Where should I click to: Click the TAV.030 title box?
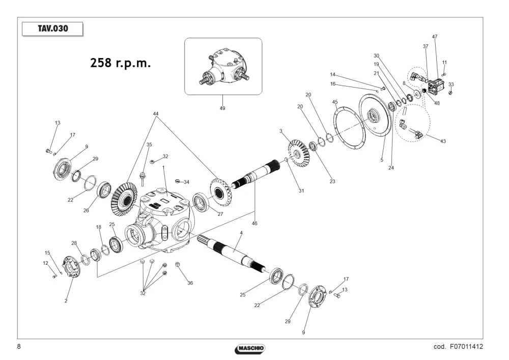[52, 29]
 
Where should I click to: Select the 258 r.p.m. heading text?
[121, 63]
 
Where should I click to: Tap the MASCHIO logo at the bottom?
[250, 349]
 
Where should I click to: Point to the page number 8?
[19, 346]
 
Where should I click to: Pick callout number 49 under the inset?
[222, 108]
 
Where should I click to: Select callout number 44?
[156, 114]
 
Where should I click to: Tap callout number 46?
[254, 224]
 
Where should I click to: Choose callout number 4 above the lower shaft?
[241, 233]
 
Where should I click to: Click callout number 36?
[190, 283]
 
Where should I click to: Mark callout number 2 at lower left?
[66, 301]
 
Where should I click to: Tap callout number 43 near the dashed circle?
[443, 141]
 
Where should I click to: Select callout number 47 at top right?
[435, 37]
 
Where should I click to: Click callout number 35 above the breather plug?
[149, 145]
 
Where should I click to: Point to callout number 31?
[301, 191]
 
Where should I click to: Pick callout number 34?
[186, 182]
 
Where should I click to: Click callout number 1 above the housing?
[163, 168]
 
